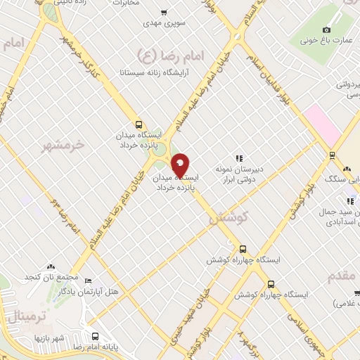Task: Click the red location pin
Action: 181,166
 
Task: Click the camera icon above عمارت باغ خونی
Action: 326,30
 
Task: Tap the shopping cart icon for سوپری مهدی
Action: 164,12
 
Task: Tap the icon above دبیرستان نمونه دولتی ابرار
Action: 239,158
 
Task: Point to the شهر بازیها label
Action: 51,338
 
